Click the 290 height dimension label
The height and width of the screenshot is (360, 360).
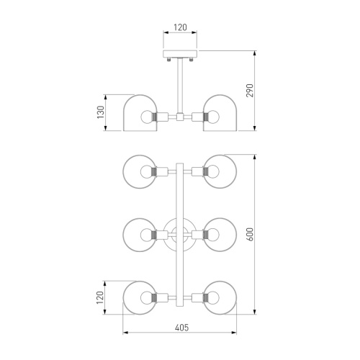click(250, 90)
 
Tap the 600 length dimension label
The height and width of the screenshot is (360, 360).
click(250, 234)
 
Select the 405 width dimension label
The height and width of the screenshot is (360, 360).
click(181, 328)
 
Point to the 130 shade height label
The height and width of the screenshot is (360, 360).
click(101, 112)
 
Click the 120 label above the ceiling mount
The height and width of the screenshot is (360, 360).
click(180, 27)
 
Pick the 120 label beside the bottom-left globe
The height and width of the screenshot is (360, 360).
click(100, 297)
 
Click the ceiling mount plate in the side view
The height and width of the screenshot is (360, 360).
click(180, 54)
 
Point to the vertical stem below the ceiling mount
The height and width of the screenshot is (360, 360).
click(180, 86)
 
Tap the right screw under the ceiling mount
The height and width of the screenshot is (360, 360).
click(191, 59)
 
